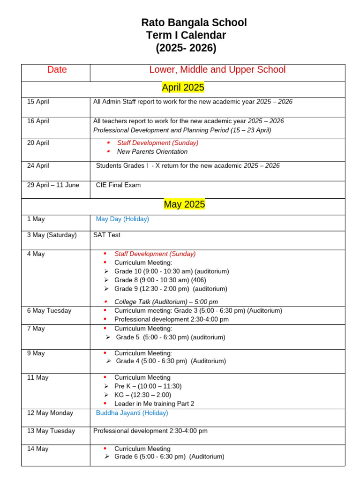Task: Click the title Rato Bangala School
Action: coord(194,23)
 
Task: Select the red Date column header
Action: coord(57,70)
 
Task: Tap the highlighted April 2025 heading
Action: coord(183,88)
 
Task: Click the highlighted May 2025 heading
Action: coord(184,204)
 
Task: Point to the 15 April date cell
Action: coord(38,102)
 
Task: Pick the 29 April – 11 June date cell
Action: coord(53,185)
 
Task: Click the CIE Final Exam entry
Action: coord(118,185)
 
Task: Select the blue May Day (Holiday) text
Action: coord(122,219)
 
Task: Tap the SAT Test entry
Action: coord(107,235)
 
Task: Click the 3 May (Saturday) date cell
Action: coord(52,235)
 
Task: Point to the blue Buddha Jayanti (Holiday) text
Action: coord(132,413)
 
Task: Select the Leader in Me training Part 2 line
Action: coord(154,404)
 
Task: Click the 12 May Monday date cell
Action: coord(50,413)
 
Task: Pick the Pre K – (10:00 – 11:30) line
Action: coord(148,386)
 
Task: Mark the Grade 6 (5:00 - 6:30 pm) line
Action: coord(169,457)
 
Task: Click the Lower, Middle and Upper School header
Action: coord(217,70)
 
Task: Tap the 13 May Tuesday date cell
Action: coord(51,431)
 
